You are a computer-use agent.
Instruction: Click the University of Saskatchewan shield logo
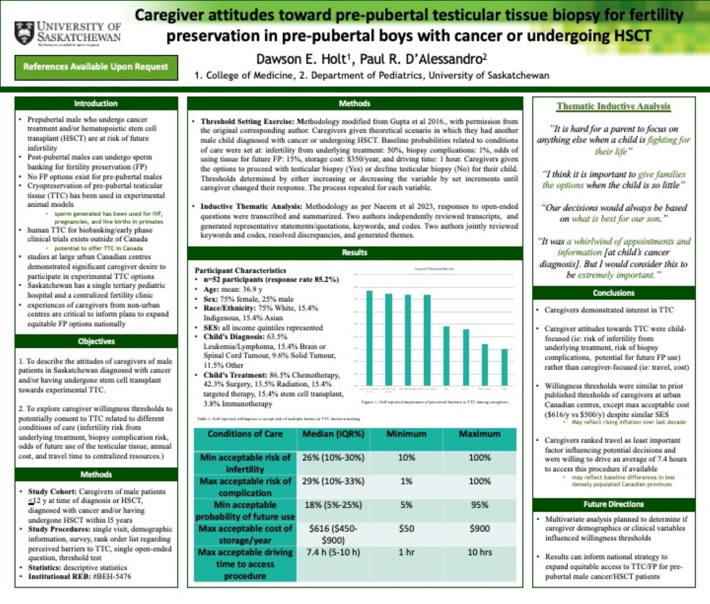[x=24, y=33]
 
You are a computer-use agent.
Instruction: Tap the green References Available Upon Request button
[x=96, y=67]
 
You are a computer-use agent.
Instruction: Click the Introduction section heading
[x=96, y=104]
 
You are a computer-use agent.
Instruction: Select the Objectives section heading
[x=96, y=341]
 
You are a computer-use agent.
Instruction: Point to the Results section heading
[x=355, y=253]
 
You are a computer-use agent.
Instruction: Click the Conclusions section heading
[x=613, y=293]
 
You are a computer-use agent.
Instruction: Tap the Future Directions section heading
[x=613, y=504]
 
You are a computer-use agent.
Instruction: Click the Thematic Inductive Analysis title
[x=613, y=106]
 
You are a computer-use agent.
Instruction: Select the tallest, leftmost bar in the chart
[x=369, y=338]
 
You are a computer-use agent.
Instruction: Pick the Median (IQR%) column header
[x=333, y=434]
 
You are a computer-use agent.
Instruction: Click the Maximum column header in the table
[x=479, y=434]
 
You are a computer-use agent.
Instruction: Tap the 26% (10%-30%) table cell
[x=333, y=457]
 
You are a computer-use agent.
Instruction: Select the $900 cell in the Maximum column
[x=479, y=529]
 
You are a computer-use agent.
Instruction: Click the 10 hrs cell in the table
[x=479, y=552]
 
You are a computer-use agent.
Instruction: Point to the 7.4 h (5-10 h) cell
[x=333, y=552]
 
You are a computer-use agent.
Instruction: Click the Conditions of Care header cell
[x=245, y=434]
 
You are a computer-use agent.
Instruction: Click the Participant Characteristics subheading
[x=240, y=270]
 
